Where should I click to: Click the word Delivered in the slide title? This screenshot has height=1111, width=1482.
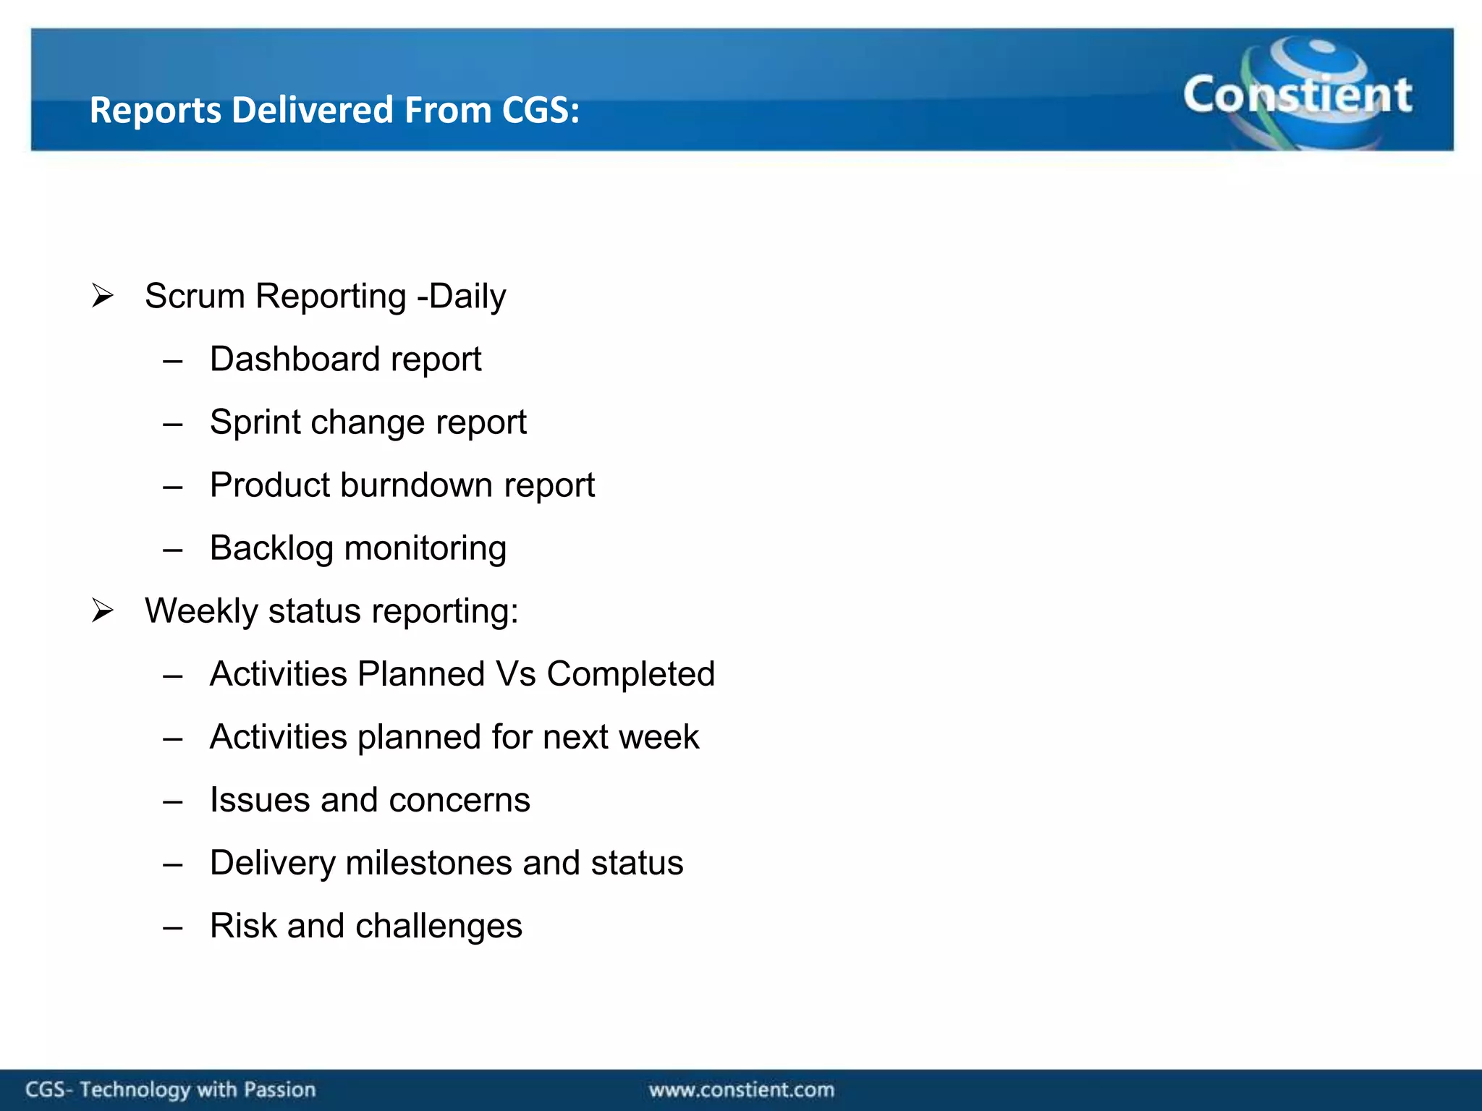click(313, 111)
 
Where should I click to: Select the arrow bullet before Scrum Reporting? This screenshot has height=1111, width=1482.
click(103, 296)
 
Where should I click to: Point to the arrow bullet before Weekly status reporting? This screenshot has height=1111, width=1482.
click(103, 611)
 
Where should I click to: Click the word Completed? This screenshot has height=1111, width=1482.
click(630, 674)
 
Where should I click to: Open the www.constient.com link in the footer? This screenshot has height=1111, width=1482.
click(741, 1089)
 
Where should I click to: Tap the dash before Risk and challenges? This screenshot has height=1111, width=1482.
click(172, 927)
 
